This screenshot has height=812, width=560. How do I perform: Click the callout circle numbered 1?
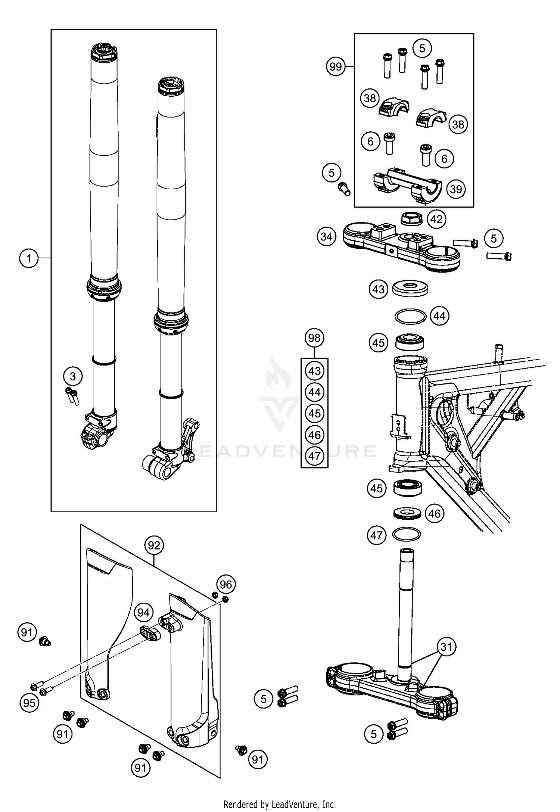(29, 258)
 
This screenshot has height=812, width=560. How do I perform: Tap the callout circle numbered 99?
(336, 67)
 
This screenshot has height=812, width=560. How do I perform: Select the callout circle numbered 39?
(456, 189)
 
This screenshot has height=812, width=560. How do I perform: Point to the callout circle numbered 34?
(326, 237)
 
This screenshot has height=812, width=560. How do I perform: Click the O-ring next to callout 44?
(410, 316)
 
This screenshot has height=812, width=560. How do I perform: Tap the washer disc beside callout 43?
(410, 289)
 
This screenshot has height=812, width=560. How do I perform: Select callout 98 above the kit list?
(314, 338)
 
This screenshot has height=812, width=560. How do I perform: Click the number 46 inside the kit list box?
(314, 435)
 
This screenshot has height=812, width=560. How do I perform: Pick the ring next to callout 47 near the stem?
(407, 534)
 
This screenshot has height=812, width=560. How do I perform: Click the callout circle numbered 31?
(446, 647)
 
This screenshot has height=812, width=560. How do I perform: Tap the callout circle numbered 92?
(153, 545)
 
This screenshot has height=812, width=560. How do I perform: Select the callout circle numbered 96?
(225, 584)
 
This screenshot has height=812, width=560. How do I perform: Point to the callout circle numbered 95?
(29, 703)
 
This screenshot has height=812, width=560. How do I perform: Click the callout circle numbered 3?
(73, 376)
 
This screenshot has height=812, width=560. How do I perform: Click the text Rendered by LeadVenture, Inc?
(280, 804)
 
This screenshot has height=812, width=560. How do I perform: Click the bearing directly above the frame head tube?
(410, 342)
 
